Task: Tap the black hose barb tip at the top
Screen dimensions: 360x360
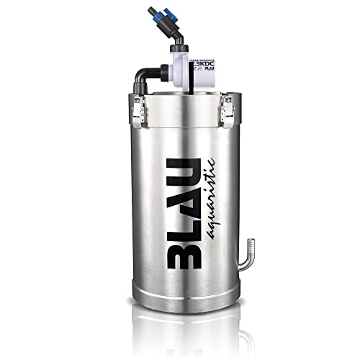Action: pos(153,10)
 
